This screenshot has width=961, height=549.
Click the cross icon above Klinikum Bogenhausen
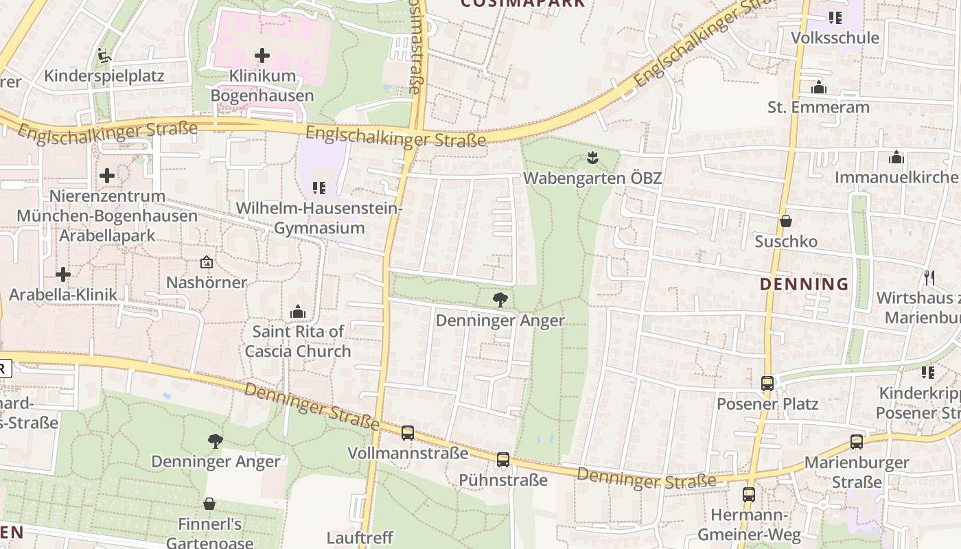tap(262, 56)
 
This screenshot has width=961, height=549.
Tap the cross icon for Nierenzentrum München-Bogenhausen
tap(107, 176)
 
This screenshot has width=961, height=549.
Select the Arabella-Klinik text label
tap(63, 294)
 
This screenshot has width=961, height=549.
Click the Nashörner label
tap(207, 282)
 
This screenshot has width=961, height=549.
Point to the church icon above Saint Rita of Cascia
tap(297, 312)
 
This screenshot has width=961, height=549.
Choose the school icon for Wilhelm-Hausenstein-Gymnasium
tap(319, 187)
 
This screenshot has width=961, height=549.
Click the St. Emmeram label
tap(818, 107)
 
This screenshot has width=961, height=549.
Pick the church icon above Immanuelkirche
tap(896, 157)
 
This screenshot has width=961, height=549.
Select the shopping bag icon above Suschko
tap(786, 221)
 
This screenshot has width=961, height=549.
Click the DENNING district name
tap(804, 284)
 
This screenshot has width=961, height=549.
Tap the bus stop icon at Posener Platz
tap(767, 384)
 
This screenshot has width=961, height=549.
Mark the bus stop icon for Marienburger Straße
tap(857, 442)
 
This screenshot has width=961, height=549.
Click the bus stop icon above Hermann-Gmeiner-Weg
tap(749, 494)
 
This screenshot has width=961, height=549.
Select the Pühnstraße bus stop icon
tap(503, 460)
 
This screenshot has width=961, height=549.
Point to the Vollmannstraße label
tap(408, 453)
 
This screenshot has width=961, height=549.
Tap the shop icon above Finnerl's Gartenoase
tap(209, 504)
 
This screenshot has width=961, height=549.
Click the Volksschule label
tap(835, 38)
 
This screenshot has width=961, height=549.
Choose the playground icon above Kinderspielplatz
tap(104, 55)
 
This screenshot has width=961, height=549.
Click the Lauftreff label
tap(360, 537)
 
